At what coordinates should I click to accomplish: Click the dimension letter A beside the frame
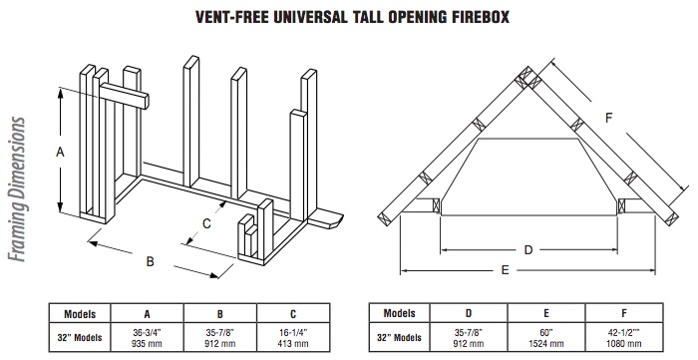(x=60, y=153)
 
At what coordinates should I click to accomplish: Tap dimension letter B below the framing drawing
(x=150, y=261)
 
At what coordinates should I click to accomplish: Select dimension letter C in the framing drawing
(x=206, y=223)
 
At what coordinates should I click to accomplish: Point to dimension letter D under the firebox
(x=528, y=250)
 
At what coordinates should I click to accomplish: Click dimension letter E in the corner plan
(x=505, y=270)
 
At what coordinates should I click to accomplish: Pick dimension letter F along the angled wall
(x=609, y=118)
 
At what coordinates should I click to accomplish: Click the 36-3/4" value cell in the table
(x=147, y=338)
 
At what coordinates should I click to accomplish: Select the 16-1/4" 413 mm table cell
(x=293, y=338)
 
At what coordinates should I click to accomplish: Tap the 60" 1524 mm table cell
(x=546, y=338)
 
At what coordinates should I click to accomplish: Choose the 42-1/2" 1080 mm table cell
(x=623, y=338)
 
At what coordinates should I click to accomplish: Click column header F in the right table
(x=624, y=313)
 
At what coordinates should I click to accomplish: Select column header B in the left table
(x=220, y=314)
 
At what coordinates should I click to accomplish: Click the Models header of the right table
(x=399, y=313)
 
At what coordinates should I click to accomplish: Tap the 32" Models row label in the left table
(x=80, y=338)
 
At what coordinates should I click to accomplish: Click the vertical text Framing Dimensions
(x=17, y=189)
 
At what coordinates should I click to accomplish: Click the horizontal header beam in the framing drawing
(x=124, y=96)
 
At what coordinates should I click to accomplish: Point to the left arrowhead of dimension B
(x=92, y=243)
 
